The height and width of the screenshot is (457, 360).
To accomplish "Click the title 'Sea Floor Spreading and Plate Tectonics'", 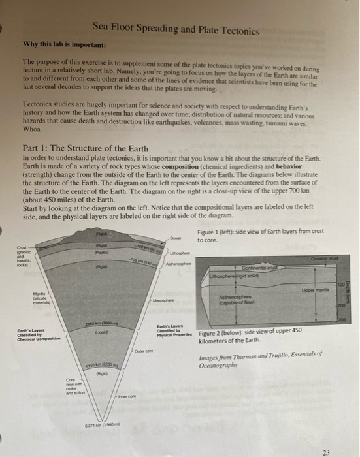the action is click(176, 30).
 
